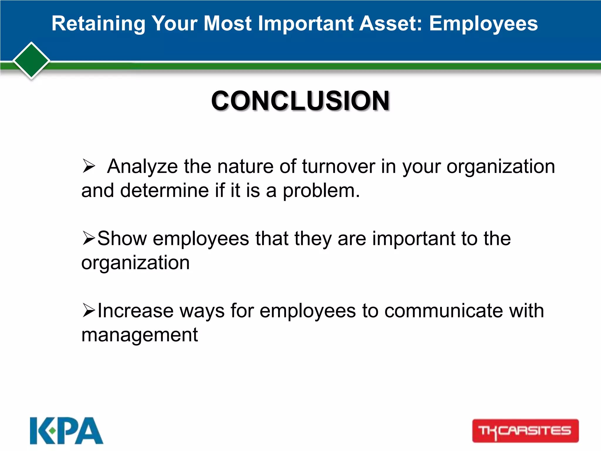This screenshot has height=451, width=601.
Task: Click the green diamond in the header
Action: click(x=31, y=60)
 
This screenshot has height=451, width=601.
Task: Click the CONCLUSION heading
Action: click(x=300, y=101)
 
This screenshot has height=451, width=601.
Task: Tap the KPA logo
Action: click(x=66, y=431)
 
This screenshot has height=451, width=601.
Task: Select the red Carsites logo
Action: click(x=525, y=431)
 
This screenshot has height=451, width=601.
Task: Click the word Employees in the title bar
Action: click(x=483, y=23)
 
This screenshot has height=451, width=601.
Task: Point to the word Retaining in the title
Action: click(x=98, y=23)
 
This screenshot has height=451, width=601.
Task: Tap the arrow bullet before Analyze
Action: click(x=89, y=166)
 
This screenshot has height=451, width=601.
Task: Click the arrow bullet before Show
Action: click(x=89, y=238)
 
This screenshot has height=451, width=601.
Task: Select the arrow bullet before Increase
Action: click(x=89, y=310)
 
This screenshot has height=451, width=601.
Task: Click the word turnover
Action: click(x=338, y=166)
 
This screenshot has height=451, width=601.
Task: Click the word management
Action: click(x=140, y=335)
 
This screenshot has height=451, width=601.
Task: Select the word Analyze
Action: click(x=142, y=166)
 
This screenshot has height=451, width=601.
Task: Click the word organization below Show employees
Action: click(x=135, y=262)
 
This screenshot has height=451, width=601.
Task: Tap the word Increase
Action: click(x=135, y=311)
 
